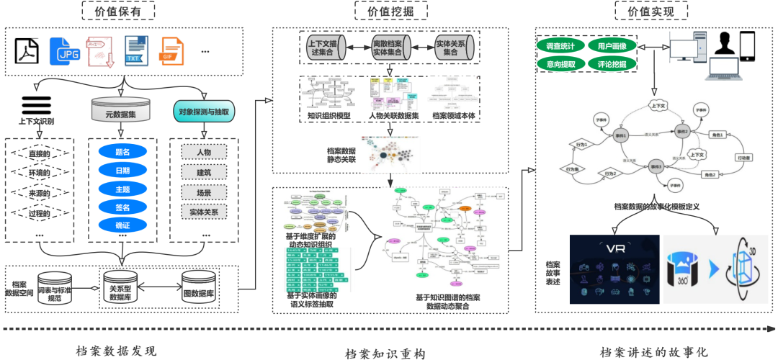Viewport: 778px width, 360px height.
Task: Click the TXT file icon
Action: [135, 51]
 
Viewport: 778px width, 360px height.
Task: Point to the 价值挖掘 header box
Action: [390, 11]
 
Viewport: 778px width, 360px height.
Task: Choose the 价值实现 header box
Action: [651, 11]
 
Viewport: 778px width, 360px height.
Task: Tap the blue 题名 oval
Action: [122, 152]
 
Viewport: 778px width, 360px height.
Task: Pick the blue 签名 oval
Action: [122, 207]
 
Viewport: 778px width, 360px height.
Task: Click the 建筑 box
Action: [204, 172]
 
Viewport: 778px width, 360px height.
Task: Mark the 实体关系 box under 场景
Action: [204, 212]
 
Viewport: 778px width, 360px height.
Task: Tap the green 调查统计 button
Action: [560, 47]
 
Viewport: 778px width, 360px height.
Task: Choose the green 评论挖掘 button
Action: [612, 64]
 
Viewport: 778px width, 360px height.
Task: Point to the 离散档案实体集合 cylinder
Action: [390, 48]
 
